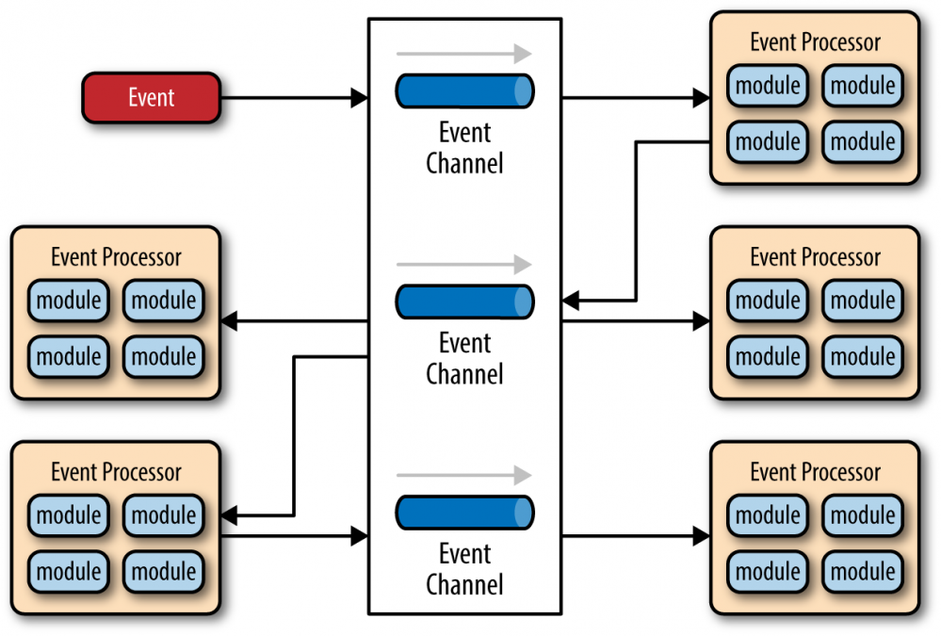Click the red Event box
(x=151, y=98)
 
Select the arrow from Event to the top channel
(x=292, y=98)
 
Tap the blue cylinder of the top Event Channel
(x=464, y=90)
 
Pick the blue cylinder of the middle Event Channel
(x=464, y=302)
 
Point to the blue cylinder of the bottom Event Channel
(x=464, y=513)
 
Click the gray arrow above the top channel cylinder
(x=463, y=54)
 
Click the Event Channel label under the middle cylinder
(x=464, y=358)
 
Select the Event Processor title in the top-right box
(x=815, y=42)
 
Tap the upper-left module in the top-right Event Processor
(x=768, y=86)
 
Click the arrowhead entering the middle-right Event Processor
(x=701, y=322)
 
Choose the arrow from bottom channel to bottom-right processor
(x=636, y=536)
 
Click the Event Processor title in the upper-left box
(x=116, y=257)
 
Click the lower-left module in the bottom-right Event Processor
(x=768, y=571)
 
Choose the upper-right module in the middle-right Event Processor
(x=863, y=301)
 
